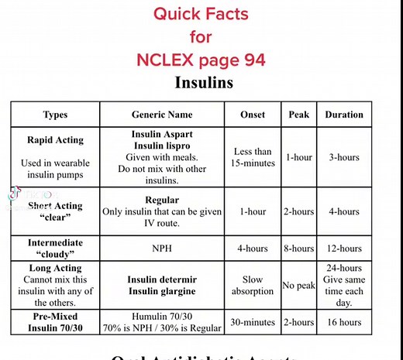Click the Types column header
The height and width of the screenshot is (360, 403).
click(x=55, y=115)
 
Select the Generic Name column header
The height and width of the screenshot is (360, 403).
click(x=161, y=115)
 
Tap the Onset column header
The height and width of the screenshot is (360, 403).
click(x=253, y=115)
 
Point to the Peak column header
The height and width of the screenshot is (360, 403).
click(x=298, y=115)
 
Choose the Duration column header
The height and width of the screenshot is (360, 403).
click(x=343, y=115)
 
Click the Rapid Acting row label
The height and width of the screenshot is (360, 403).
click(x=55, y=141)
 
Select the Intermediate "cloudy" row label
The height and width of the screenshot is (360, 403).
click(x=55, y=249)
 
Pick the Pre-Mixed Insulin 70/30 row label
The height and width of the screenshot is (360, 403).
click(x=55, y=321)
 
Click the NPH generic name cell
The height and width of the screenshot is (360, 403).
click(x=161, y=249)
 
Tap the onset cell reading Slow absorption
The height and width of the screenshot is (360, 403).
click(x=253, y=285)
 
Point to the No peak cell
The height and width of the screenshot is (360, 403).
click(x=298, y=286)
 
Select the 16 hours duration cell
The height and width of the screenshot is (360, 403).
click(x=343, y=321)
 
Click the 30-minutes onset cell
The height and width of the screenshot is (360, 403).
click(x=253, y=321)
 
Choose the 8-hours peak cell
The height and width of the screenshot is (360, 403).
click(x=298, y=249)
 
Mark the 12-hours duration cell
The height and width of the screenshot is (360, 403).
click(x=343, y=249)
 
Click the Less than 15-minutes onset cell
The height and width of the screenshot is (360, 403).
click(x=253, y=157)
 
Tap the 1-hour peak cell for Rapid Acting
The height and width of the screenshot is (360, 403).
click(x=298, y=157)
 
